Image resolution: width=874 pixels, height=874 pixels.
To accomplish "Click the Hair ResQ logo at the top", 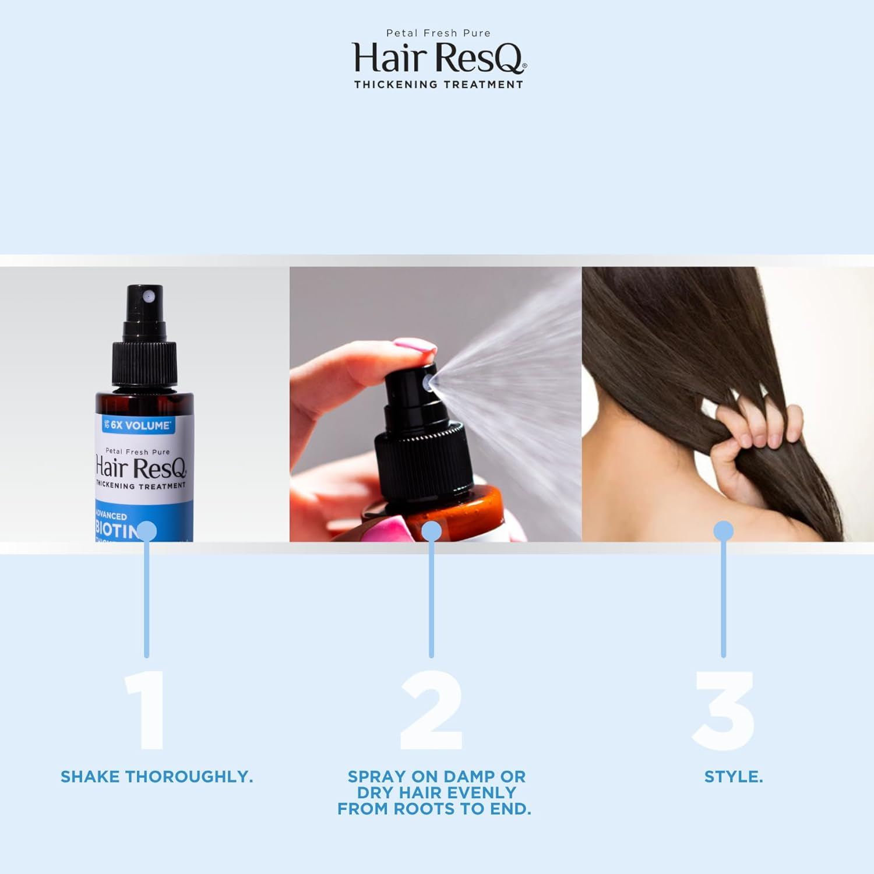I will [439, 58].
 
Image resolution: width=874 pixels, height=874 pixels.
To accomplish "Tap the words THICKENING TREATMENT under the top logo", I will [439, 84].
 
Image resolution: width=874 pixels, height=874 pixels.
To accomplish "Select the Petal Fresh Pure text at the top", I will [439, 33].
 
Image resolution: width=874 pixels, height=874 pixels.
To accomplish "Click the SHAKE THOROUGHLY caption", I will [157, 777].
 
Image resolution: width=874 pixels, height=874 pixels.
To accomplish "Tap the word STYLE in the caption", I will [733, 777].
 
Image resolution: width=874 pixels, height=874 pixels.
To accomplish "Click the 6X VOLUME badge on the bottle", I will [138, 425].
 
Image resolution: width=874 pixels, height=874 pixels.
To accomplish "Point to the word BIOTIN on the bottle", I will [117, 530].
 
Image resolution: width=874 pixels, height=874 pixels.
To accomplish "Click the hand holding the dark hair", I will [752, 431].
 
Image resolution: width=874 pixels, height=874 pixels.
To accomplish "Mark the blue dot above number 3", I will [724, 531].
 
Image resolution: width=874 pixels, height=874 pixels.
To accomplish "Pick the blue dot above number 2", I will [431, 531].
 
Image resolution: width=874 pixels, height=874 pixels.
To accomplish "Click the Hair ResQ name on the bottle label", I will [140, 468].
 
